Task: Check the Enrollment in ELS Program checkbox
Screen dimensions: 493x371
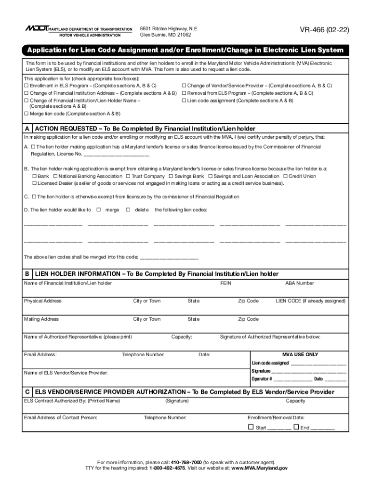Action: pyautogui.click(x=26, y=86)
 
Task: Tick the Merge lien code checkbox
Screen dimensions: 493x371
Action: pyautogui.click(x=26, y=114)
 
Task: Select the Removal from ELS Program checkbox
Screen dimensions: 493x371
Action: pyautogui.click(x=184, y=93)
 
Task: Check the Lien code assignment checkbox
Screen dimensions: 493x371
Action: pyautogui.click(x=184, y=101)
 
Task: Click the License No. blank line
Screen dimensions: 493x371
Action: pyautogui.click(x=116, y=155)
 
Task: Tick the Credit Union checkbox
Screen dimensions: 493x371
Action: pyautogui.click(x=285, y=176)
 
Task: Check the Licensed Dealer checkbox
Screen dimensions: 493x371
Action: pyautogui.click(x=34, y=183)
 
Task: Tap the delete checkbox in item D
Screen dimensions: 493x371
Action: pyautogui.click(x=128, y=210)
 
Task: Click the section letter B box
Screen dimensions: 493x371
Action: pyautogui.click(x=27, y=274)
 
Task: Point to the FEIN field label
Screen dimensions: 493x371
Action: pyautogui.click(x=225, y=283)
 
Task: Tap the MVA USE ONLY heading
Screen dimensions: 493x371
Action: pyautogui.click(x=300, y=354)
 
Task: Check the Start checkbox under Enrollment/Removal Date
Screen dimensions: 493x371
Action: pyautogui.click(x=251, y=427)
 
